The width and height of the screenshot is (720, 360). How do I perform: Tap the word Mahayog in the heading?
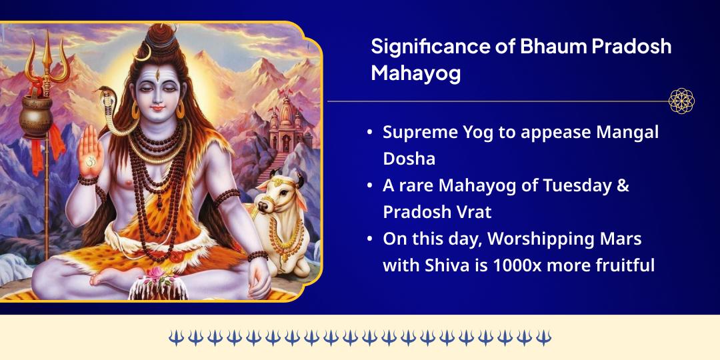click(415, 73)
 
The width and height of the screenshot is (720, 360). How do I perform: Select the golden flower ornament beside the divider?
click(681, 101)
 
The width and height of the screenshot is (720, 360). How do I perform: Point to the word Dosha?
click(409, 159)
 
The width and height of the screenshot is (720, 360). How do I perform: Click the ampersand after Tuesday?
click(623, 185)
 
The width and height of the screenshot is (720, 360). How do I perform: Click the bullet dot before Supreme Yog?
click(370, 133)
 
